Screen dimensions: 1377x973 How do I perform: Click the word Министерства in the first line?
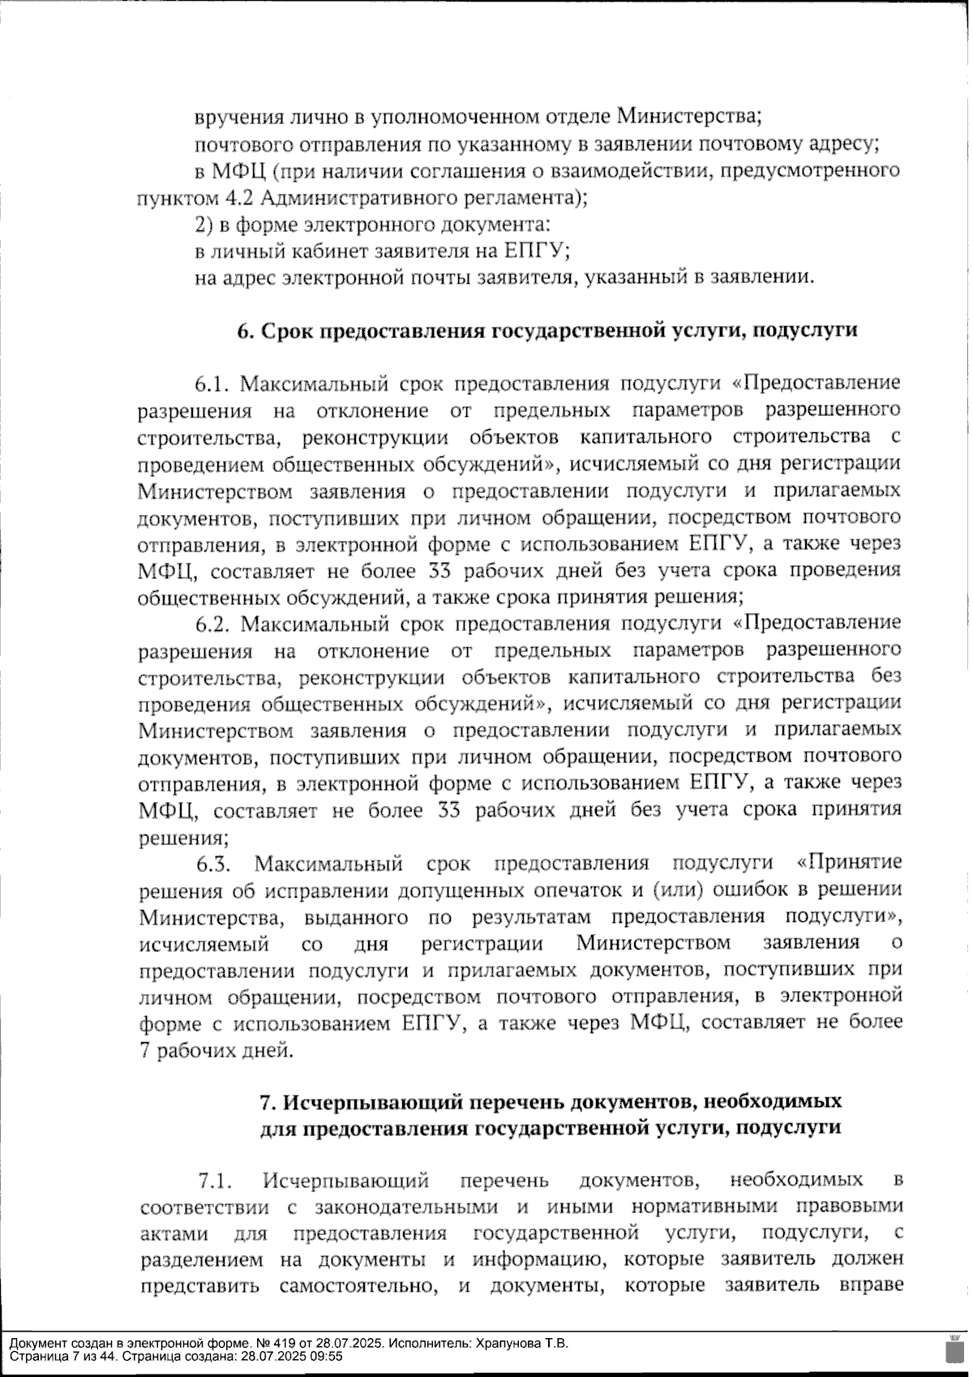coord(689,117)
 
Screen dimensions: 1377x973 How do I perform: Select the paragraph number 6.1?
coord(213,384)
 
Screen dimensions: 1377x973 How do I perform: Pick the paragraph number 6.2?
coord(213,624)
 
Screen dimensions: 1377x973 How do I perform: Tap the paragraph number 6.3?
coord(214,864)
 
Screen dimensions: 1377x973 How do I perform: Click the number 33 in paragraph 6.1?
coord(451,571)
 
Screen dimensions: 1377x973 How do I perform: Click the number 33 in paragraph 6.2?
coord(451,811)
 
